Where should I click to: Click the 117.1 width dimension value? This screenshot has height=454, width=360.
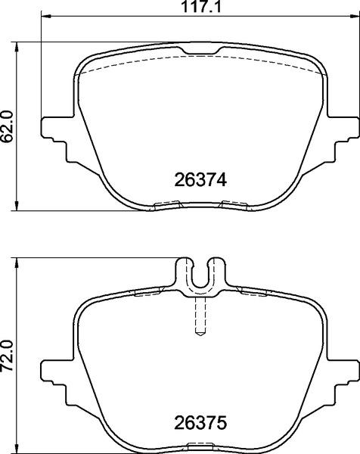point(199,7)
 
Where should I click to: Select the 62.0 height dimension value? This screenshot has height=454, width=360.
point(8,123)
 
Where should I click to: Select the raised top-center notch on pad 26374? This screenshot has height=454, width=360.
point(200,51)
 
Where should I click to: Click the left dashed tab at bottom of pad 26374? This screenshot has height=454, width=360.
point(166,204)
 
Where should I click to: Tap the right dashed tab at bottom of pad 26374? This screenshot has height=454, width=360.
point(234,204)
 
